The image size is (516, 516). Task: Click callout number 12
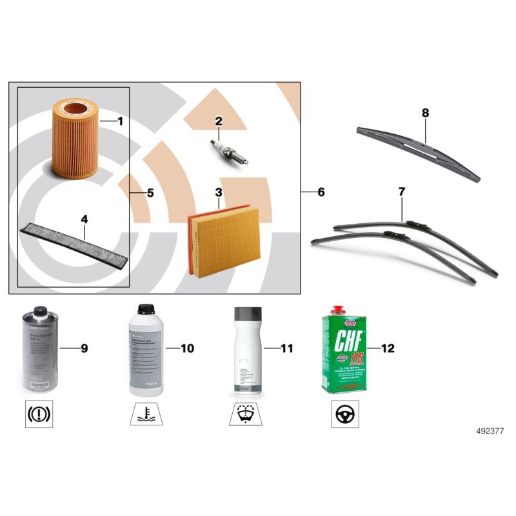pos(388,348)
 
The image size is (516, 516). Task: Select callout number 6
pos(321,192)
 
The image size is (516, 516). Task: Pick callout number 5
pos(150,192)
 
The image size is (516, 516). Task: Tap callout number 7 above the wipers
pos(401,192)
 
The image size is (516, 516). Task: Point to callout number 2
pos(219,120)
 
